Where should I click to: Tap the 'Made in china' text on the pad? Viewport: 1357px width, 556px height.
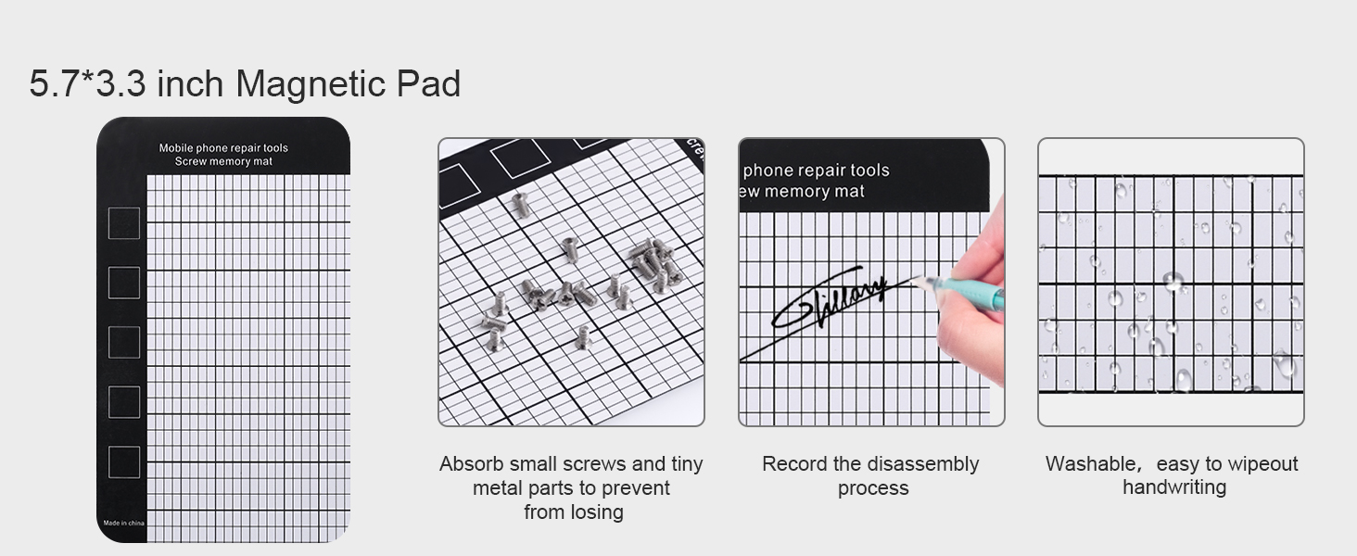point(123,523)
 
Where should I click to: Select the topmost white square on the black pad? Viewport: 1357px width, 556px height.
point(124,223)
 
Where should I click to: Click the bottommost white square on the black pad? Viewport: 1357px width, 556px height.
point(124,462)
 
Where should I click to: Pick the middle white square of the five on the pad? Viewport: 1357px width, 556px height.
point(124,342)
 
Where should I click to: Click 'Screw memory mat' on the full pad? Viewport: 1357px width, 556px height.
point(223,162)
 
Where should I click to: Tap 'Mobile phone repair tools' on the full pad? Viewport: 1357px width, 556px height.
point(223,148)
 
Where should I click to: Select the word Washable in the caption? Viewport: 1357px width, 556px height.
point(1088,464)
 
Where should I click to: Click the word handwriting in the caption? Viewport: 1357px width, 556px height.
point(1173,487)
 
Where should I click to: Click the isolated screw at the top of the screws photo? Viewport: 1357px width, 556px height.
point(522,205)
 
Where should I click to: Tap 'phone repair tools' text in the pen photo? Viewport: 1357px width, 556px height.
point(816,171)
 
